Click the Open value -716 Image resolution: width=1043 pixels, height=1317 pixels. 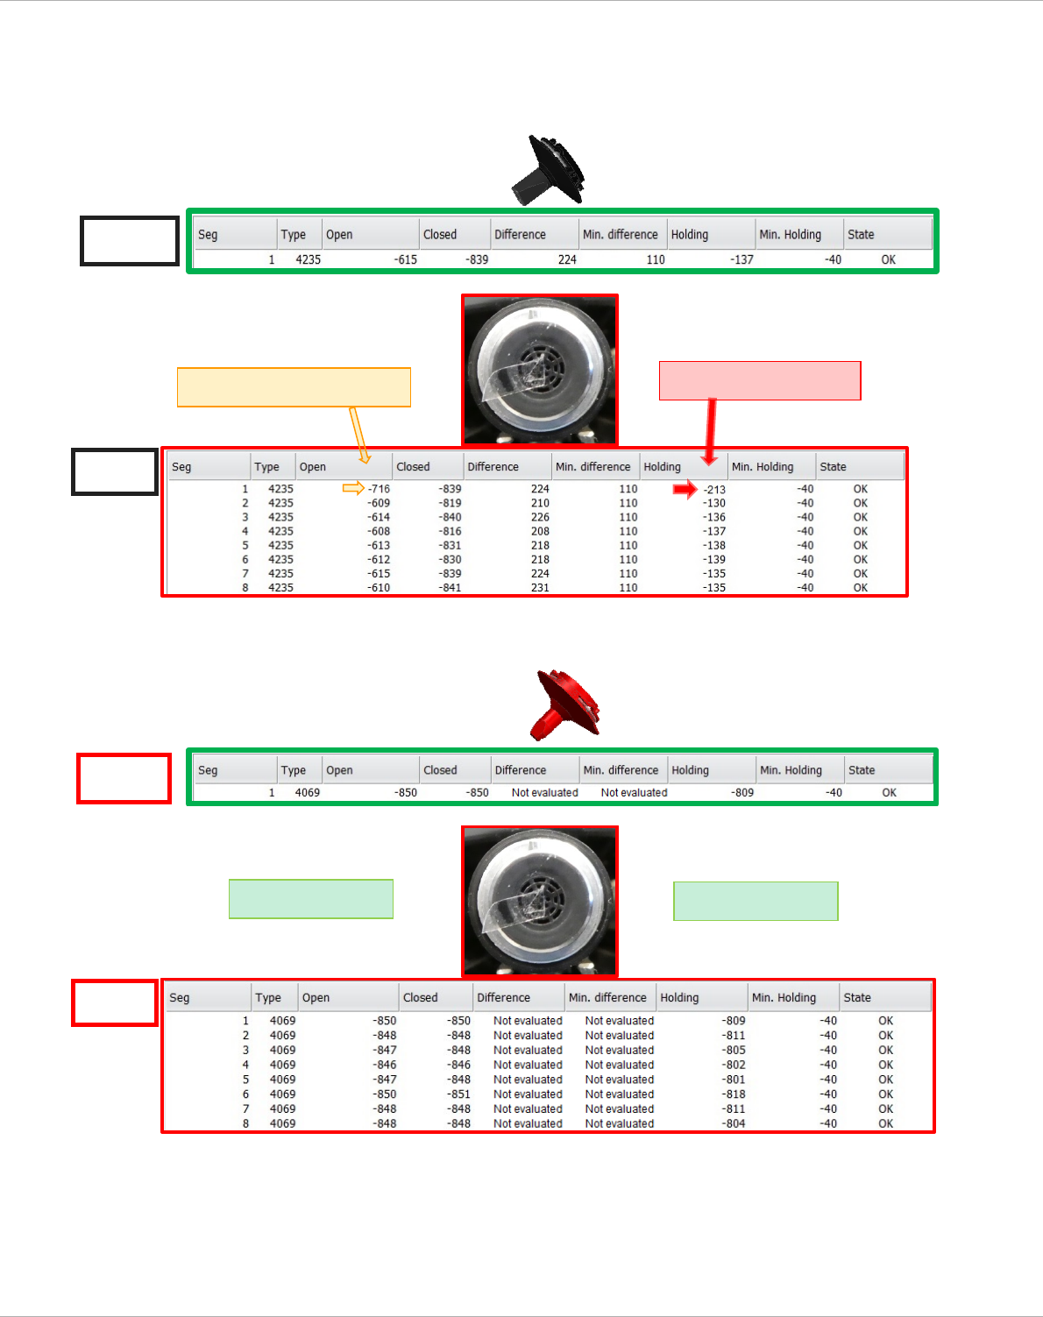(379, 489)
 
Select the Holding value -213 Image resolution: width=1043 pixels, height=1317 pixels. (714, 490)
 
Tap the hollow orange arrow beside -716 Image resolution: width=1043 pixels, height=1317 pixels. (353, 488)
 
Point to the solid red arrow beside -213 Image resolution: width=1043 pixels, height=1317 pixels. (685, 489)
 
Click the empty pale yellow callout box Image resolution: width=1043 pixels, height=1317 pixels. (294, 387)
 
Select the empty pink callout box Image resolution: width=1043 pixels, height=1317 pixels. (760, 380)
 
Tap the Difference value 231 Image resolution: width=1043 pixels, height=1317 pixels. (540, 588)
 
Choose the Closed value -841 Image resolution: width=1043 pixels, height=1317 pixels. (450, 588)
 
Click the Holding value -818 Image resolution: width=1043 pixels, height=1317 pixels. (734, 1094)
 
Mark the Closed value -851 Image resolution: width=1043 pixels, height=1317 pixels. (459, 1094)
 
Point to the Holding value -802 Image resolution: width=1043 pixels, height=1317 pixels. (734, 1065)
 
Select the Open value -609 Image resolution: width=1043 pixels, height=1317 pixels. (379, 503)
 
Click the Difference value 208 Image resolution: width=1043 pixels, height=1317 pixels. (540, 531)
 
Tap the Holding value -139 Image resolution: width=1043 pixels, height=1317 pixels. (714, 559)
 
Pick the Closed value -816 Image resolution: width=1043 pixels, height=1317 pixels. (450, 531)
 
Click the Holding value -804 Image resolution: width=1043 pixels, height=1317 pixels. (734, 1123)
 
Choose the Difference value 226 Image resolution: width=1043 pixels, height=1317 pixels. (540, 517)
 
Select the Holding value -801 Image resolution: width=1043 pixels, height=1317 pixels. (734, 1080)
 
